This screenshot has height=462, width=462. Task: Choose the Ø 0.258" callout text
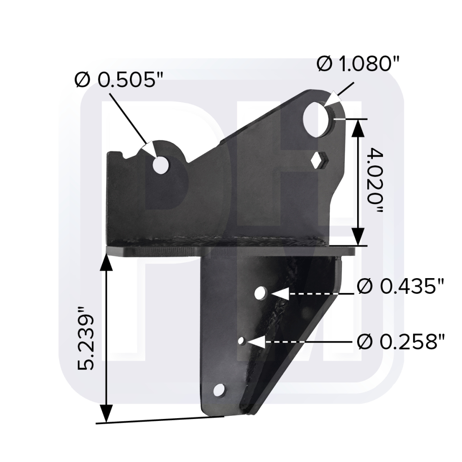401,341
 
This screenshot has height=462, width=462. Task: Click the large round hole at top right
317,119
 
